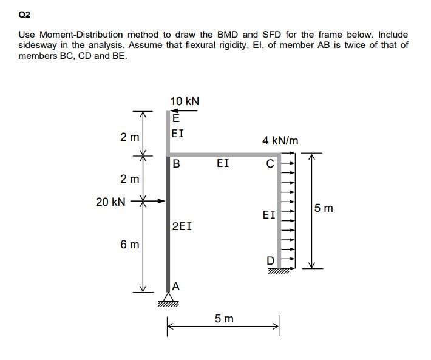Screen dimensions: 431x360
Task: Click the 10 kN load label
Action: point(185,101)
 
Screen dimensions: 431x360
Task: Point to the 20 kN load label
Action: point(110,201)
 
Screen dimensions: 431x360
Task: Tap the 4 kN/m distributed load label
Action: point(280,141)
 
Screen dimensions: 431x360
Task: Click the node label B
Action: point(177,163)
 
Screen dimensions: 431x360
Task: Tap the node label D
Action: point(271,260)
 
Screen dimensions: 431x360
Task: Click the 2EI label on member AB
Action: point(183,226)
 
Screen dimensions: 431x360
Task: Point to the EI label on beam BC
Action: point(223,163)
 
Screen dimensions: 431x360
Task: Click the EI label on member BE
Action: point(178,133)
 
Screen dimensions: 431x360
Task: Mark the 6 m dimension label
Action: point(129,245)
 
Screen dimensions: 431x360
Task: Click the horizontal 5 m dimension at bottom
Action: point(224,318)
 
